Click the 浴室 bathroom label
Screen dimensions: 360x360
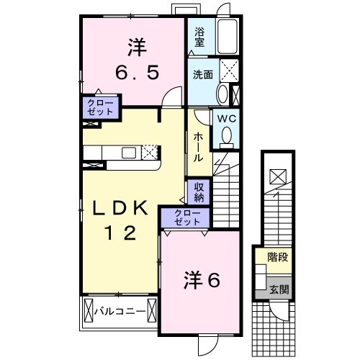[x=199, y=37]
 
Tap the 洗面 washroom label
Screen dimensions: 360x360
[x=202, y=75]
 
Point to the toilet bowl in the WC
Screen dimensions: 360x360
[x=228, y=135]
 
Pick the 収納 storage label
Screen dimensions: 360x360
[x=199, y=192]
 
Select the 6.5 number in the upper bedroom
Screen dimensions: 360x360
[x=138, y=73]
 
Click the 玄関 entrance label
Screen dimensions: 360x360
[x=279, y=290]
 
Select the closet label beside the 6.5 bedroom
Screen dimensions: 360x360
[x=99, y=108]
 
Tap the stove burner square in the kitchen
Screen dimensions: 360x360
[x=150, y=152]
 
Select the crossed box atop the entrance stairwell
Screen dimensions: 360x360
[x=277, y=176]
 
